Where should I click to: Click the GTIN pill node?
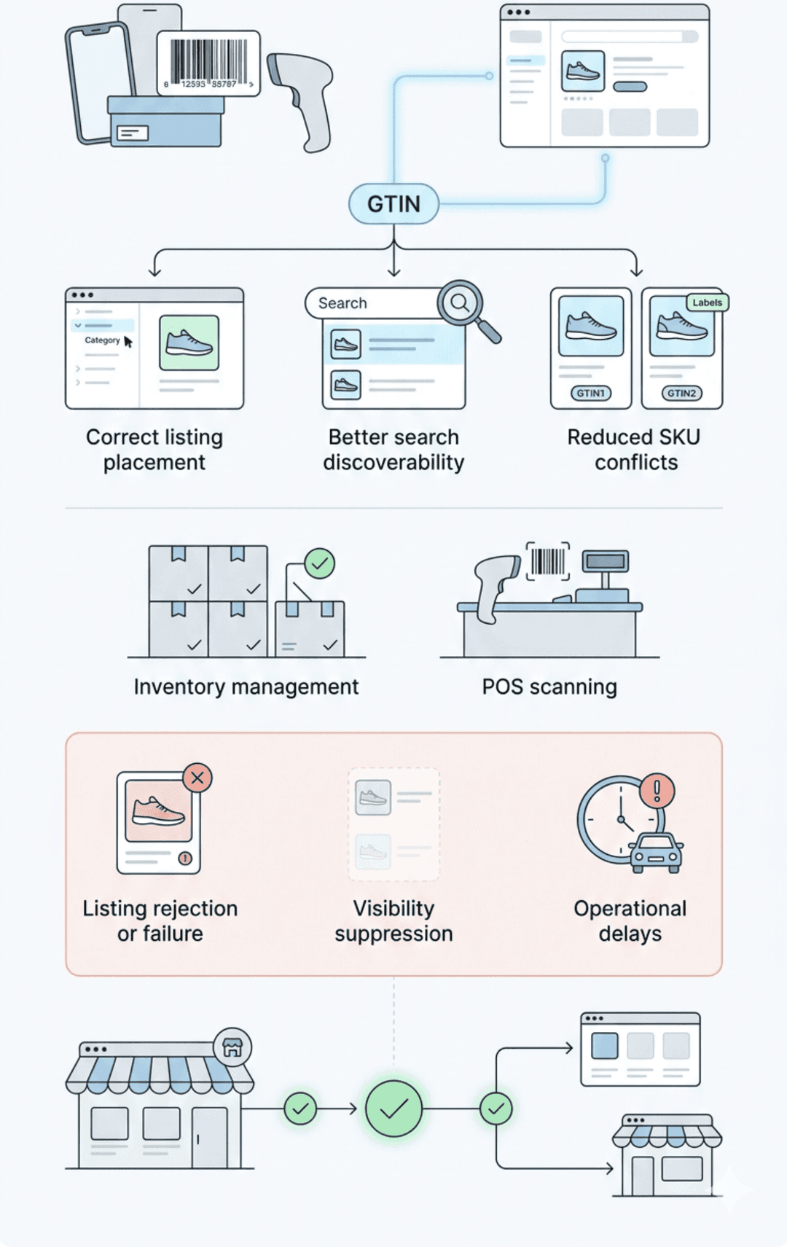[x=393, y=204]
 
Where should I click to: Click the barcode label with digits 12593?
[x=208, y=63]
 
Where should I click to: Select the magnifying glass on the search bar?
[x=461, y=302]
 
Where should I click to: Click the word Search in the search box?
[x=342, y=303]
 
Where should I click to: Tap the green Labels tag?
[x=707, y=302]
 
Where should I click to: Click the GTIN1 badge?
[x=590, y=393]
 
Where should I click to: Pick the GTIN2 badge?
[x=681, y=393]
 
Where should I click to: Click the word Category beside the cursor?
[x=102, y=340]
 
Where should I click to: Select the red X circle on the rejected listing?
[x=197, y=778]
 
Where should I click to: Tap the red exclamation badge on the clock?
[x=657, y=790]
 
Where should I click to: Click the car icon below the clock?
[x=656, y=851]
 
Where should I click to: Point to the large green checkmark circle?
[x=393, y=1109]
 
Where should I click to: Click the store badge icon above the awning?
[x=232, y=1047]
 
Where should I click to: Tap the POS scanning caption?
[x=549, y=687]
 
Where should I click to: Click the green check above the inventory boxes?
[x=319, y=563]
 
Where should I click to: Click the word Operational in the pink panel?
[x=630, y=908]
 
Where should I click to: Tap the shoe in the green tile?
[x=189, y=343]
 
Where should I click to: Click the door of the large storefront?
[x=210, y=1137]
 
